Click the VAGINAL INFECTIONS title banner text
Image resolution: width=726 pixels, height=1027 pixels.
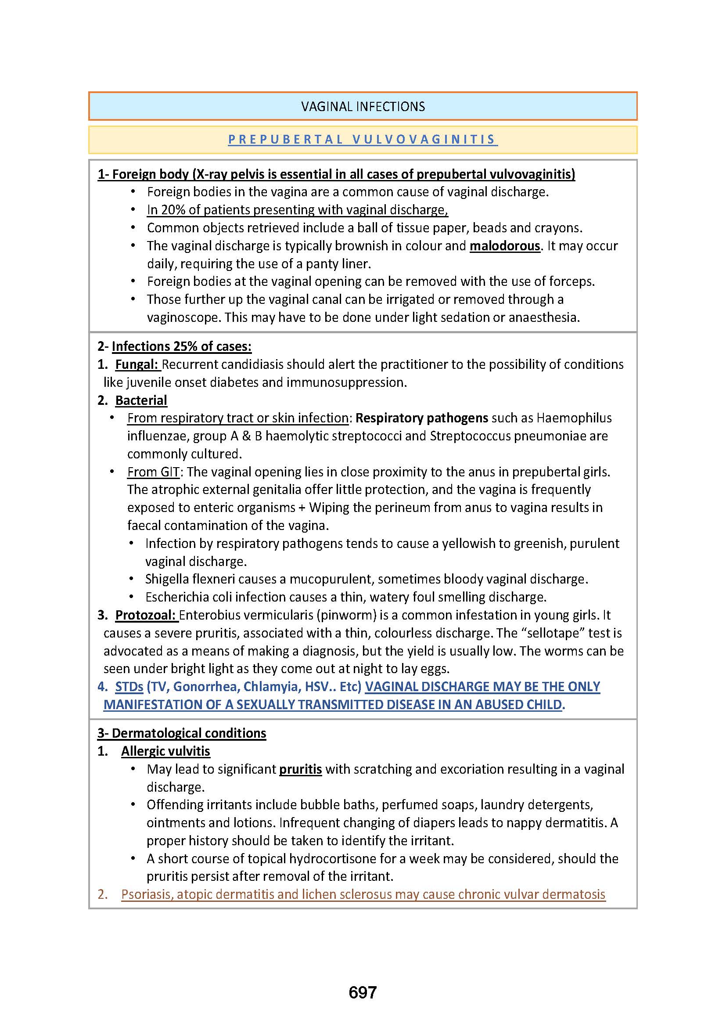363,106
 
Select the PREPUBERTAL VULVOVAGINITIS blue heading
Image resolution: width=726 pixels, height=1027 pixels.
363,140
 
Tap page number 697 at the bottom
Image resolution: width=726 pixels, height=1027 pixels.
363,992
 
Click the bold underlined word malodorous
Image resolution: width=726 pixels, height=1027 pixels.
505,246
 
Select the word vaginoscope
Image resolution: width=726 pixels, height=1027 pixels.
184,317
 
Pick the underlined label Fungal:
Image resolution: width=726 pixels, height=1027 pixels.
137,364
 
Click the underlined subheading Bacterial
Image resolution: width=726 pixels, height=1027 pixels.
141,400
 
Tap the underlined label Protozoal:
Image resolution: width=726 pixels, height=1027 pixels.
146,616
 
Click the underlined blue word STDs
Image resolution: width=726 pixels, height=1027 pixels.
129,687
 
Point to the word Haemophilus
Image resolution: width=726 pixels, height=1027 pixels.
574,418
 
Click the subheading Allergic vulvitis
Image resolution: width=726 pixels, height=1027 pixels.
165,751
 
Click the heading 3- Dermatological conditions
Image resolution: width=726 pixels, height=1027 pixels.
182,733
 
